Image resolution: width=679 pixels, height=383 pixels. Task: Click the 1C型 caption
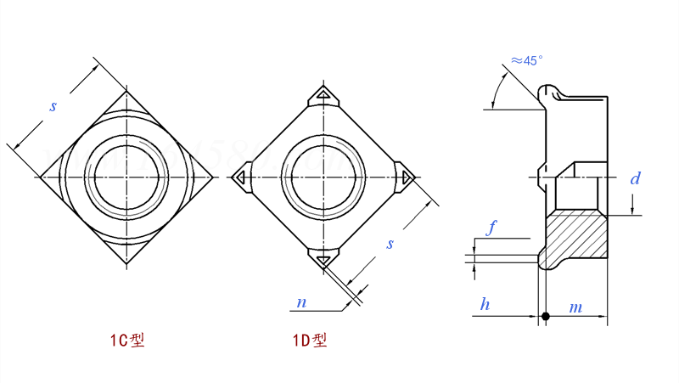(x=127, y=341)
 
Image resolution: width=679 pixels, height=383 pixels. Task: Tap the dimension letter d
(x=634, y=178)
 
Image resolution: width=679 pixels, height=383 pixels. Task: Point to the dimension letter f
(x=491, y=228)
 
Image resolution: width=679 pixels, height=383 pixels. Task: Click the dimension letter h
(x=484, y=305)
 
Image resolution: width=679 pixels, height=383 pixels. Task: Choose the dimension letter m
(x=575, y=306)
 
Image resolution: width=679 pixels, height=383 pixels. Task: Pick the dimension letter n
(x=301, y=302)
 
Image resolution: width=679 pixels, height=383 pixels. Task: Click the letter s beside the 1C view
(x=53, y=106)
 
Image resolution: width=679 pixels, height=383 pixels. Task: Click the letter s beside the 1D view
(x=390, y=244)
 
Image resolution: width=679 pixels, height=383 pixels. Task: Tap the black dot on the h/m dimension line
(x=546, y=318)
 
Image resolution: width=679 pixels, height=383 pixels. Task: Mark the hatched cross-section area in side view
(x=577, y=238)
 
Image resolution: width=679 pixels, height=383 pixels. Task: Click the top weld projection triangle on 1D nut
(x=323, y=94)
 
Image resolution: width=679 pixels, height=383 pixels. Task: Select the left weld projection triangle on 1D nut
(x=241, y=177)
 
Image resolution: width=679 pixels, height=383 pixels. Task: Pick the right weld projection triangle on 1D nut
(x=406, y=177)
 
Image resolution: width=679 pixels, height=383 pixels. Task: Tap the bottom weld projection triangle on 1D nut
(x=323, y=259)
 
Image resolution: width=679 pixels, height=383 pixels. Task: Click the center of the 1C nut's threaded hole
(x=126, y=177)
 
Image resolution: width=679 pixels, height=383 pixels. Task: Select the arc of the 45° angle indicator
(x=502, y=85)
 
